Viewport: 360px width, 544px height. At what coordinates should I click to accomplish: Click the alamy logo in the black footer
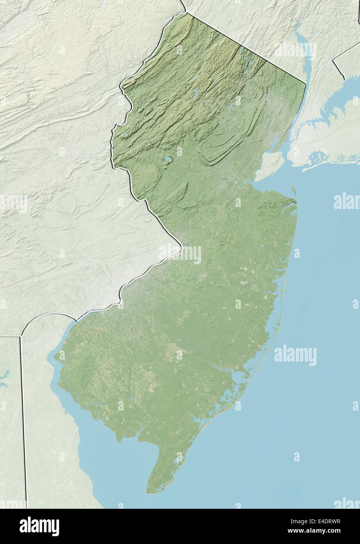[39, 526]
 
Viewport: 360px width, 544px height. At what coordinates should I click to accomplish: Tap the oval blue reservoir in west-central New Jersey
[168, 159]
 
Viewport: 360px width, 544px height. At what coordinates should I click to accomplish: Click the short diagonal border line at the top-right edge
[346, 55]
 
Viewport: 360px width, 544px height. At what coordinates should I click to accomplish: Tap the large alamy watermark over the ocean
[295, 355]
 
